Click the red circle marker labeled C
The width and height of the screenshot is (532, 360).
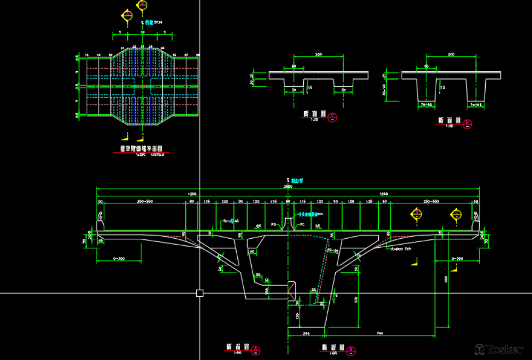tap(332, 117)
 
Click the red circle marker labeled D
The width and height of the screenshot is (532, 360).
tap(468, 124)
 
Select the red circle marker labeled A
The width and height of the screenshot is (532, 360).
tap(255, 349)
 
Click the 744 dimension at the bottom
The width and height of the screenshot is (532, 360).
tap(379, 333)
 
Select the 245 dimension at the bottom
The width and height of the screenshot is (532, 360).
tap(306, 333)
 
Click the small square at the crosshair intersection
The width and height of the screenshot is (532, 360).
tap(200, 293)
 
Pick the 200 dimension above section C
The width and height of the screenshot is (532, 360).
tap(318, 55)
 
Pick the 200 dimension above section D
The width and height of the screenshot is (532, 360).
tap(451, 55)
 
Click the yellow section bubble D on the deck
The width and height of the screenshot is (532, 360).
tap(456, 214)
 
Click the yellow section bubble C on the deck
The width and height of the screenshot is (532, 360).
tap(417, 214)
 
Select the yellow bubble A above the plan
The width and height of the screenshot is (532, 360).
tap(127, 15)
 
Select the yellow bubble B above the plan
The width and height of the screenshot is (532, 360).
tap(142, 6)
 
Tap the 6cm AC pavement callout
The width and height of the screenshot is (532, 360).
tap(231, 221)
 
